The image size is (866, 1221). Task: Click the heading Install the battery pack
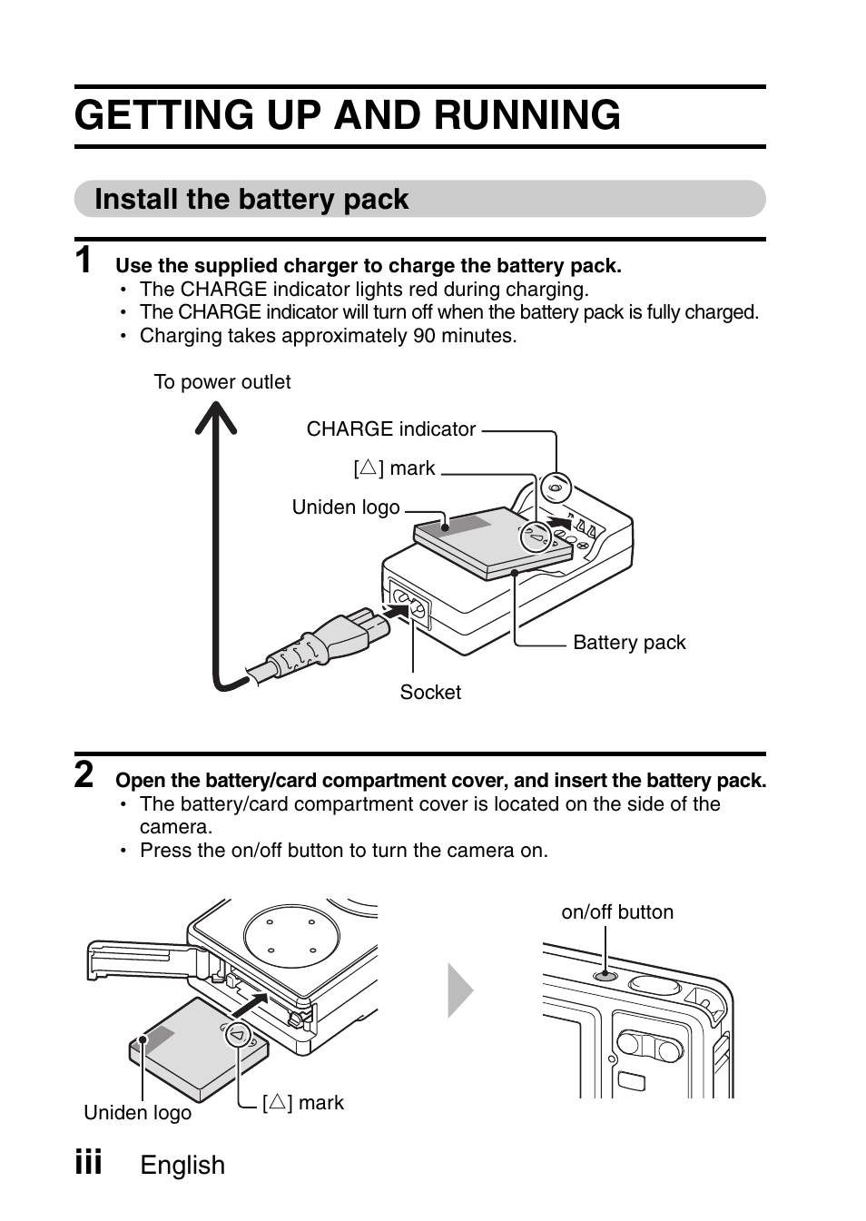click(251, 199)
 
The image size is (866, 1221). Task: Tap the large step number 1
click(84, 261)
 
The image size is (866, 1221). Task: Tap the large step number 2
click(84, 775)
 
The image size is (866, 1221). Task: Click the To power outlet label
click(222, 382)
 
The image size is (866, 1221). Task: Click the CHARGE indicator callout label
click(390, 429)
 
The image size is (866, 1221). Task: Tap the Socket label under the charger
click(430, 693)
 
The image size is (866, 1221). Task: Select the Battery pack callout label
click(629, 643)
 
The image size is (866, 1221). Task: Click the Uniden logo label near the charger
click(346, 507)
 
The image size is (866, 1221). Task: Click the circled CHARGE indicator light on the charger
click(556, 487)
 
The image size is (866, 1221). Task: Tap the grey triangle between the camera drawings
click(459, 990)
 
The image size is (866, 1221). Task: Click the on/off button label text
click(617, 912)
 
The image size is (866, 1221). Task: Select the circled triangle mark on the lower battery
click(238, 1034)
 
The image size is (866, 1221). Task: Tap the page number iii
click(88, 1161)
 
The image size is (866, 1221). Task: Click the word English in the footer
click(182, 1166)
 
